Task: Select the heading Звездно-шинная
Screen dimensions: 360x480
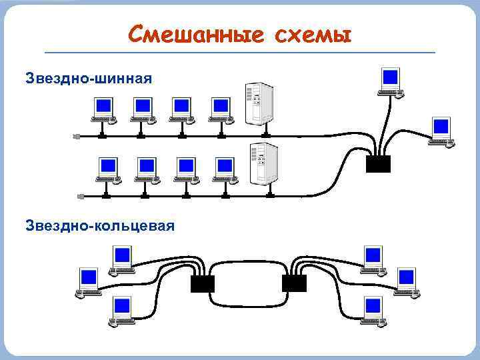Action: pos(89,79)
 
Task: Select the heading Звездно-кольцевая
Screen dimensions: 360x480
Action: pos(100,226)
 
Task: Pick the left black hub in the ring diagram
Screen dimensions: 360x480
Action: pos(203,283)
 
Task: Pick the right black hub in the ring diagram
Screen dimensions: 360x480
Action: pos(293,283)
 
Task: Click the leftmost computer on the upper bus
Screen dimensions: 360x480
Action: pos(103,109)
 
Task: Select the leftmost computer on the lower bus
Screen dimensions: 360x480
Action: pos(108,169)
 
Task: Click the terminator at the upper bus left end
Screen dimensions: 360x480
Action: pos(77,136)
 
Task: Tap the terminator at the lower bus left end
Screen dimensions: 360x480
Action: pos(81,196)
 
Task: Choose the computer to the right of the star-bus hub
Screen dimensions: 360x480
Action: pos(441,130)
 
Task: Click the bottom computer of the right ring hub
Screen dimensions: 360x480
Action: pos(373,311)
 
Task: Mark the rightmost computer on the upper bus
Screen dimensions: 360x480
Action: pos(220,109)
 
